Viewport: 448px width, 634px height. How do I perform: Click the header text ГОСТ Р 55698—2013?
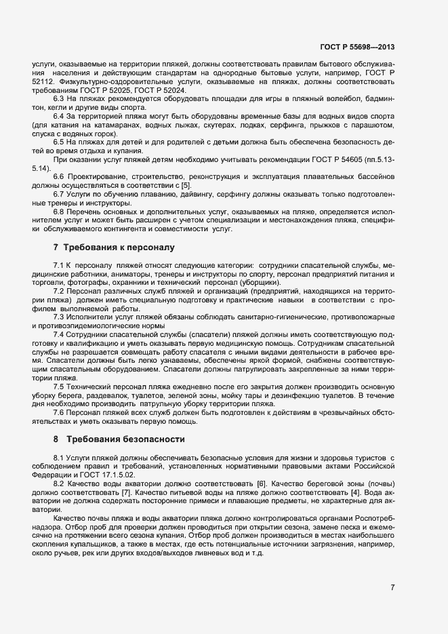pyautogui.click(x=357, y=47)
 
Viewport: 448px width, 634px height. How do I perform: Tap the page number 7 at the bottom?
pyautogui.click(x=392, y=587)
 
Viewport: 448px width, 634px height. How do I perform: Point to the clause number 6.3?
pyautogui.click(x=59, y=99)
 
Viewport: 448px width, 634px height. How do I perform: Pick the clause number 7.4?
pyautogui.click(x=59, y=335)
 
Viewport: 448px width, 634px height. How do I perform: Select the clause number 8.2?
pyautogui.click(x=59, y=483)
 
